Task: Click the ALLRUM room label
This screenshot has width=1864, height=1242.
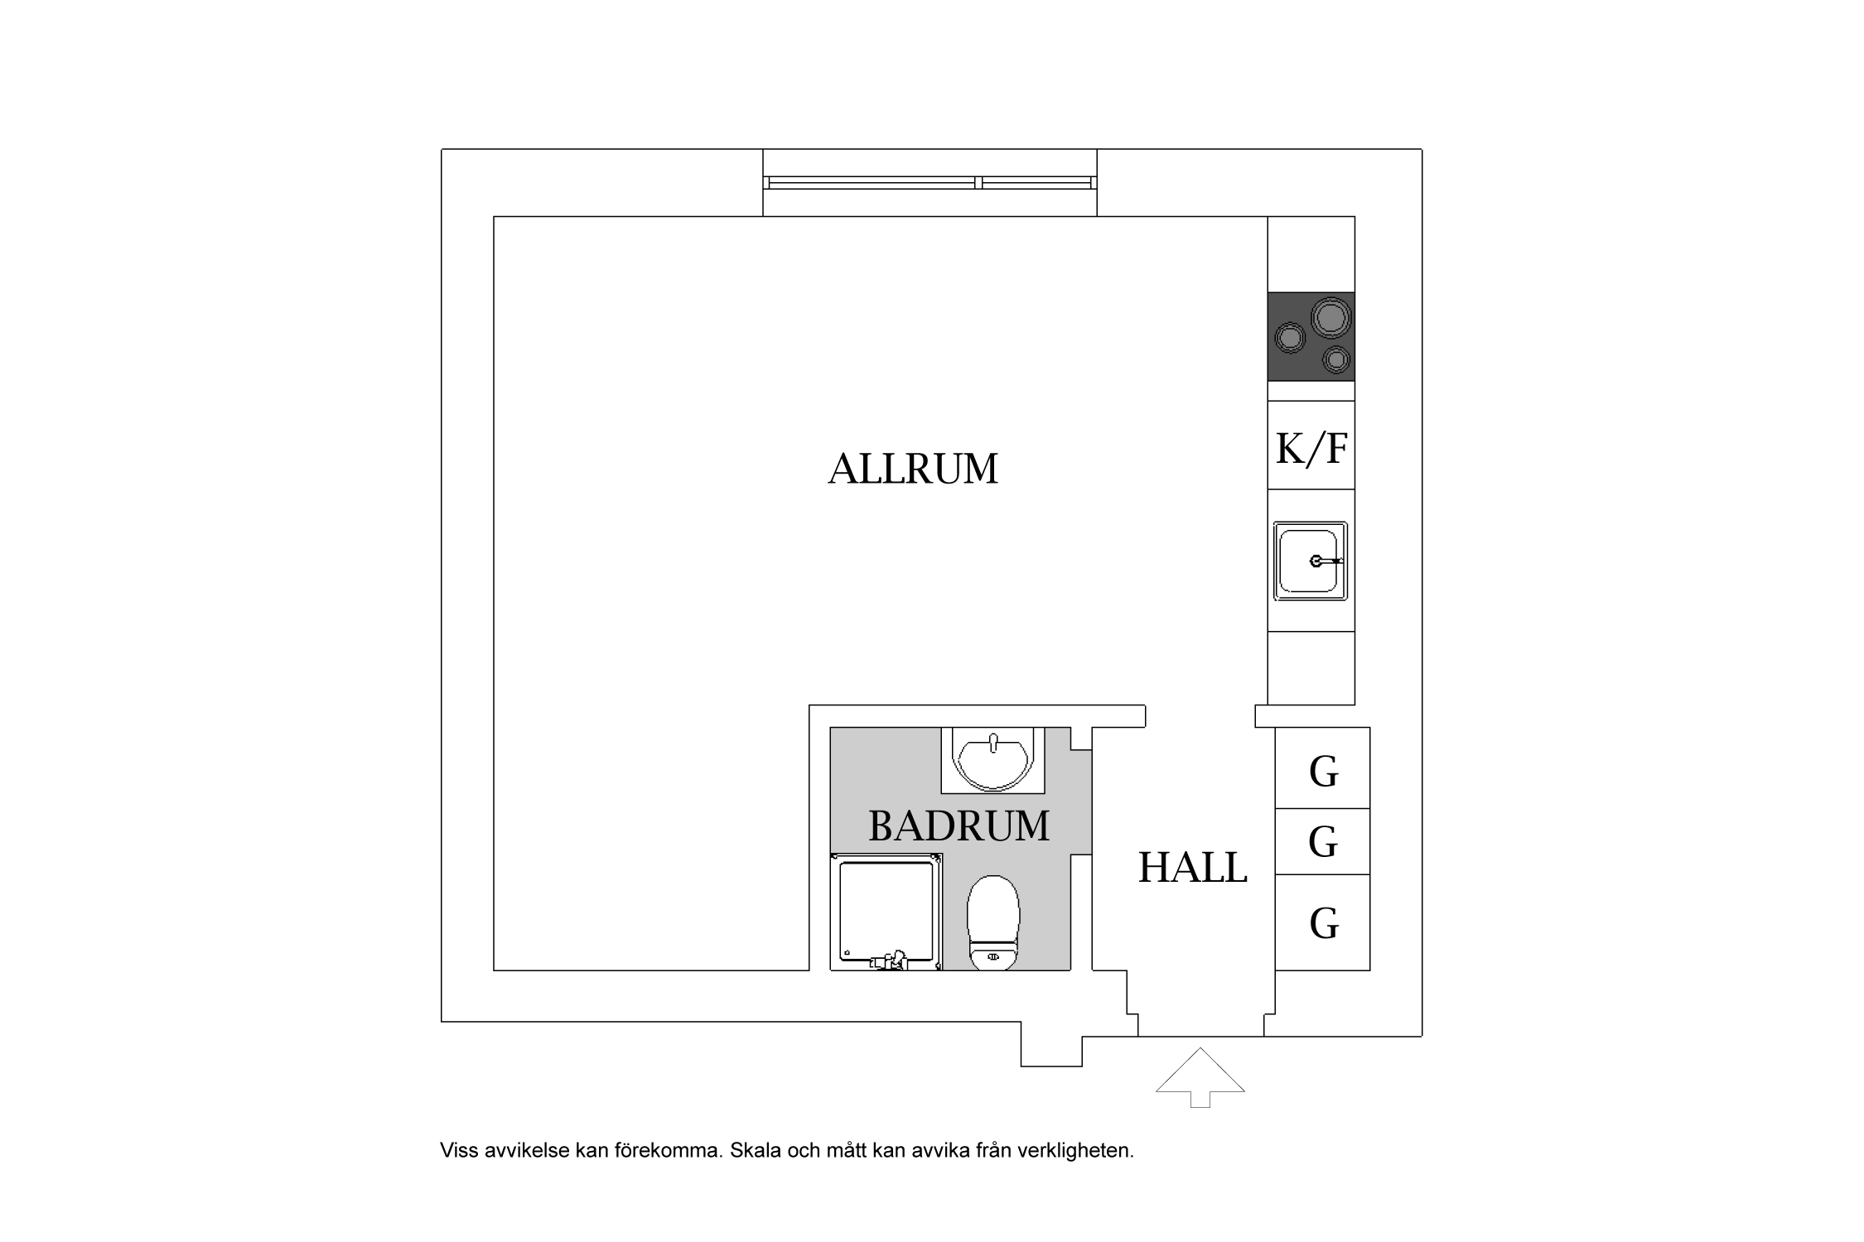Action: point(913,469)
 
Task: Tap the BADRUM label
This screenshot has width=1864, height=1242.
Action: point(959,826)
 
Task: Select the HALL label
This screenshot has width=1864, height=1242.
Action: point(1193,868)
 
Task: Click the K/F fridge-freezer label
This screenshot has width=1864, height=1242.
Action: point(1311,449)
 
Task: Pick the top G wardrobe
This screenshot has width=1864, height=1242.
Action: point(1322,768)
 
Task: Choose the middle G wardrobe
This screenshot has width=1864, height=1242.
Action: point(1322,841)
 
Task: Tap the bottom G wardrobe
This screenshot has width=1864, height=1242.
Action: point(1322,922)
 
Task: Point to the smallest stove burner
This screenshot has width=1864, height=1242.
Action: point(1335,359)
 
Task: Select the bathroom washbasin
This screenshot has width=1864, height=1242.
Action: point(992,760)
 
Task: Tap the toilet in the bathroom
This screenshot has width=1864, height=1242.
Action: point(993,922)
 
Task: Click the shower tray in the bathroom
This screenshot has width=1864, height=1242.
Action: point(886,912)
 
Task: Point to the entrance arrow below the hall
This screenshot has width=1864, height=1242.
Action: point(1200,1077)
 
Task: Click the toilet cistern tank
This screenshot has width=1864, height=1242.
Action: point(993,958)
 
